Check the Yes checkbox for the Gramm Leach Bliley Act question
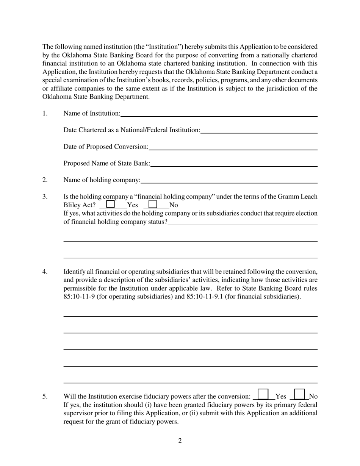(111, 204)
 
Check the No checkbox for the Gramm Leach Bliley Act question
(153, 204)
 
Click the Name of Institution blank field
(219, 113)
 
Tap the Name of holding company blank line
(229, 180)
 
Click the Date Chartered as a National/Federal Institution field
(259, 130)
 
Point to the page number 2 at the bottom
(180, 441)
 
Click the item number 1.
(45, 113)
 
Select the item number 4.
(45, 272)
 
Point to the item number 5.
(45, 397)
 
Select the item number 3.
(45, 197)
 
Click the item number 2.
(45, 180)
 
